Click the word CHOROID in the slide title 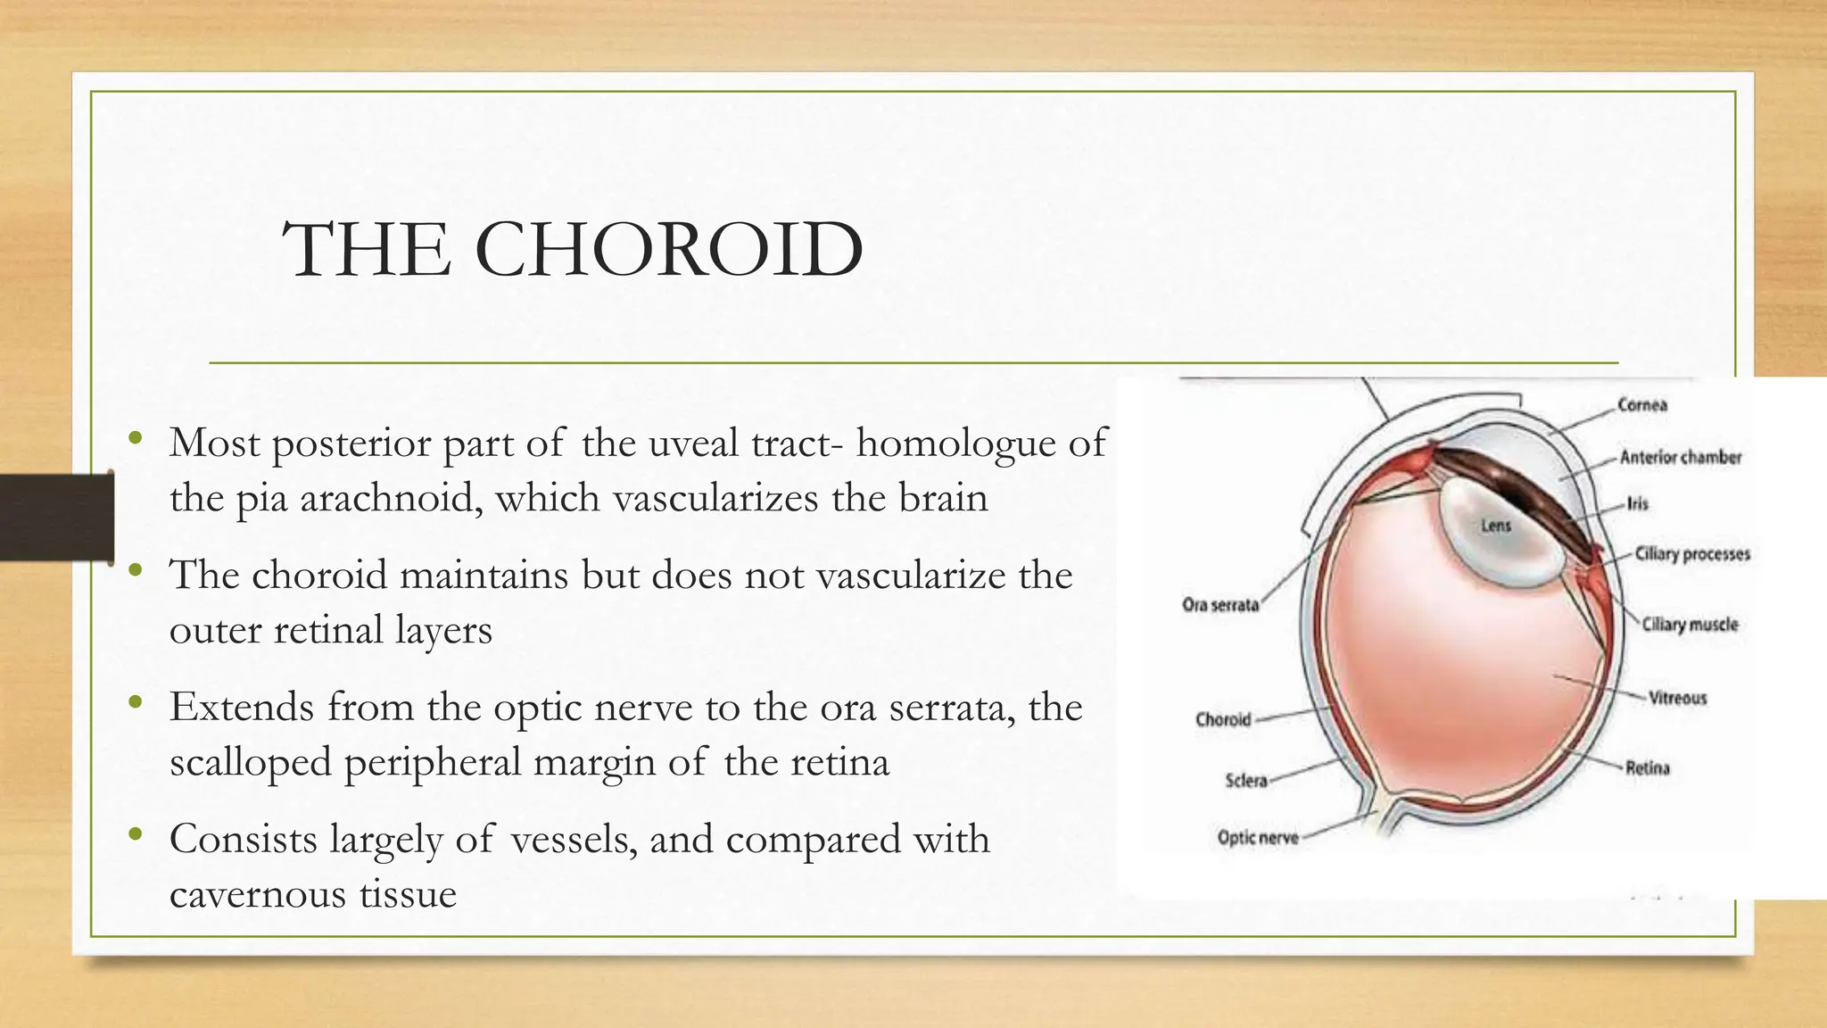point(669,250)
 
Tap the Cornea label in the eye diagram point(1642,405)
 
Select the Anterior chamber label point(1681,458)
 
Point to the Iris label point(1638,504)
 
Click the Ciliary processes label point(1692,554)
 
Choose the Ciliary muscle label point(1691,625)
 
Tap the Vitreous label point(1677,698)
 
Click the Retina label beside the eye point(1647,767)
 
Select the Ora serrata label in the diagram point(1220,605)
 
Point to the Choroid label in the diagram point(1223,719)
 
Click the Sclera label point(1246,781)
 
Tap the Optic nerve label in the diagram point(1258,838)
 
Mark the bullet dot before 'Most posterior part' point(135,438)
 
